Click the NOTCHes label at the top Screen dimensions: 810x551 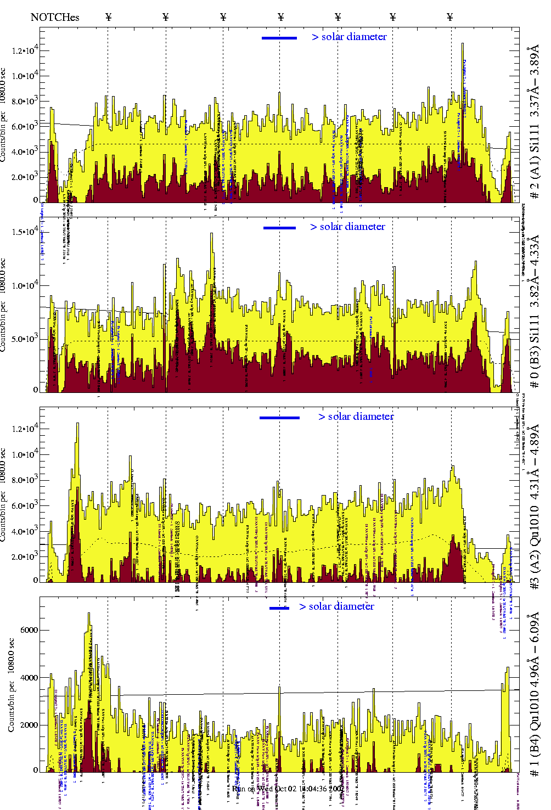point(55,17)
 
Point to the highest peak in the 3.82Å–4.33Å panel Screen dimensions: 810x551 point(212,235)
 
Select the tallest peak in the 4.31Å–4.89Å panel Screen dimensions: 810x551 point(77,424)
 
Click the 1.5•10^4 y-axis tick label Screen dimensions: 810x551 point(25,232)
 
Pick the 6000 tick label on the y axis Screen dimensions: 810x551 point(29,630)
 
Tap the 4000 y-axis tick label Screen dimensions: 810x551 point(29,678)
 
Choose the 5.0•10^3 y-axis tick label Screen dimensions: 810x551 point(25,339)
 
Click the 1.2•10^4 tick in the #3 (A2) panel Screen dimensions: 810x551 point(25,429)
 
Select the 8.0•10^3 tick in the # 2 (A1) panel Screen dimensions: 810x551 point(25,101)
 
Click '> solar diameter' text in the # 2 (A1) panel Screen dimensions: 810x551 point(349,37)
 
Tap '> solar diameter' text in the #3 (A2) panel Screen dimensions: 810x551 point(356,417)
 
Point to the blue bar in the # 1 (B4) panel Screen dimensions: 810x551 point(279,608)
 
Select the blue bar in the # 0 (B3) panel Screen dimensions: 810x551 point(279,228)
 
